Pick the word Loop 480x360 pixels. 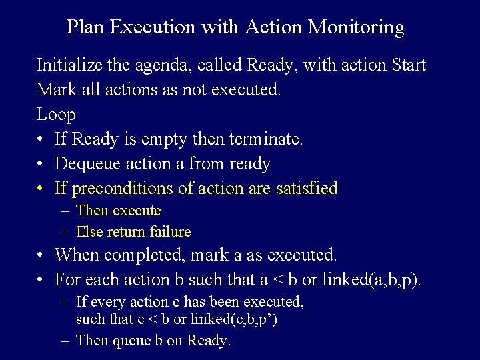point(56,115)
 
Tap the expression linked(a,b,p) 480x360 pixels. point(371,279)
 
